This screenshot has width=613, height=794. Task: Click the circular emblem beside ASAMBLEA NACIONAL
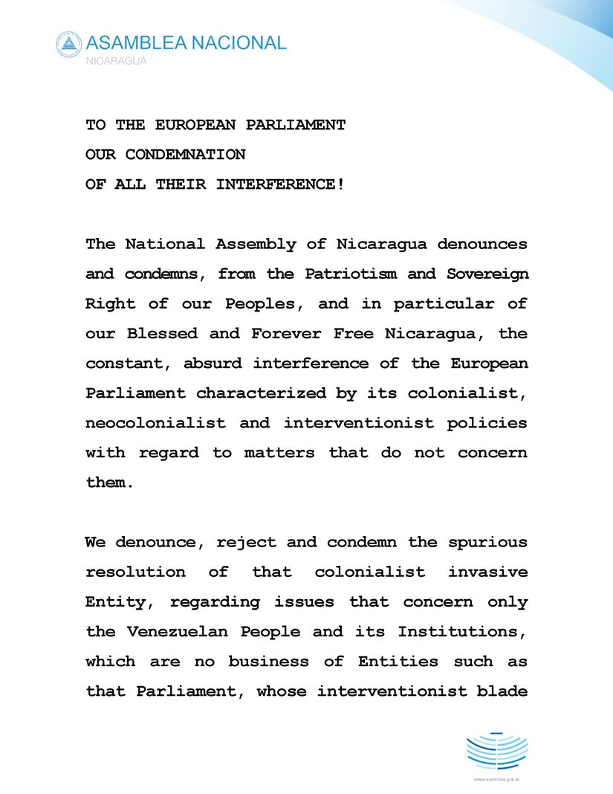click(x=68, y=45)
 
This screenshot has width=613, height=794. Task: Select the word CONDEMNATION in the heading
click(x=185, y=155)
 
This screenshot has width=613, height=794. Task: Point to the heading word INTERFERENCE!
click(x=280, y=184)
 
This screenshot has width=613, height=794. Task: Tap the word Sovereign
click(x=487, y=274)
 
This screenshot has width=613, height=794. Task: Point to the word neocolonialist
click(x=155, y=422)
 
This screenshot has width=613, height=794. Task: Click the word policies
click(x=487, y=422)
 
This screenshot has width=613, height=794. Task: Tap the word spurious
click(x=487, y=542)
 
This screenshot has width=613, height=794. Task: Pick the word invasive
click(x=487, y=572)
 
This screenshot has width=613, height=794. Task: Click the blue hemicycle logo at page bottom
click(x=496, y=751)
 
